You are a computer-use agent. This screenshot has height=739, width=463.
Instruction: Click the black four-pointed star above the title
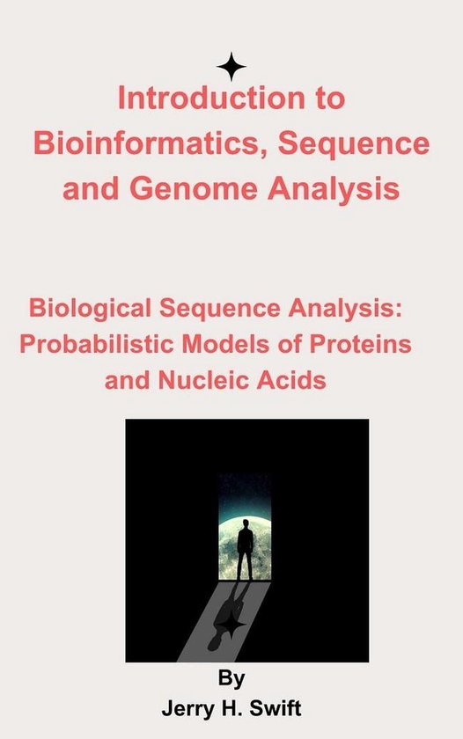pyautogui.click(x=231, y=67)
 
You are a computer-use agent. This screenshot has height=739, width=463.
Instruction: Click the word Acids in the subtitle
pyautogui.click(x=296, y=381)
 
